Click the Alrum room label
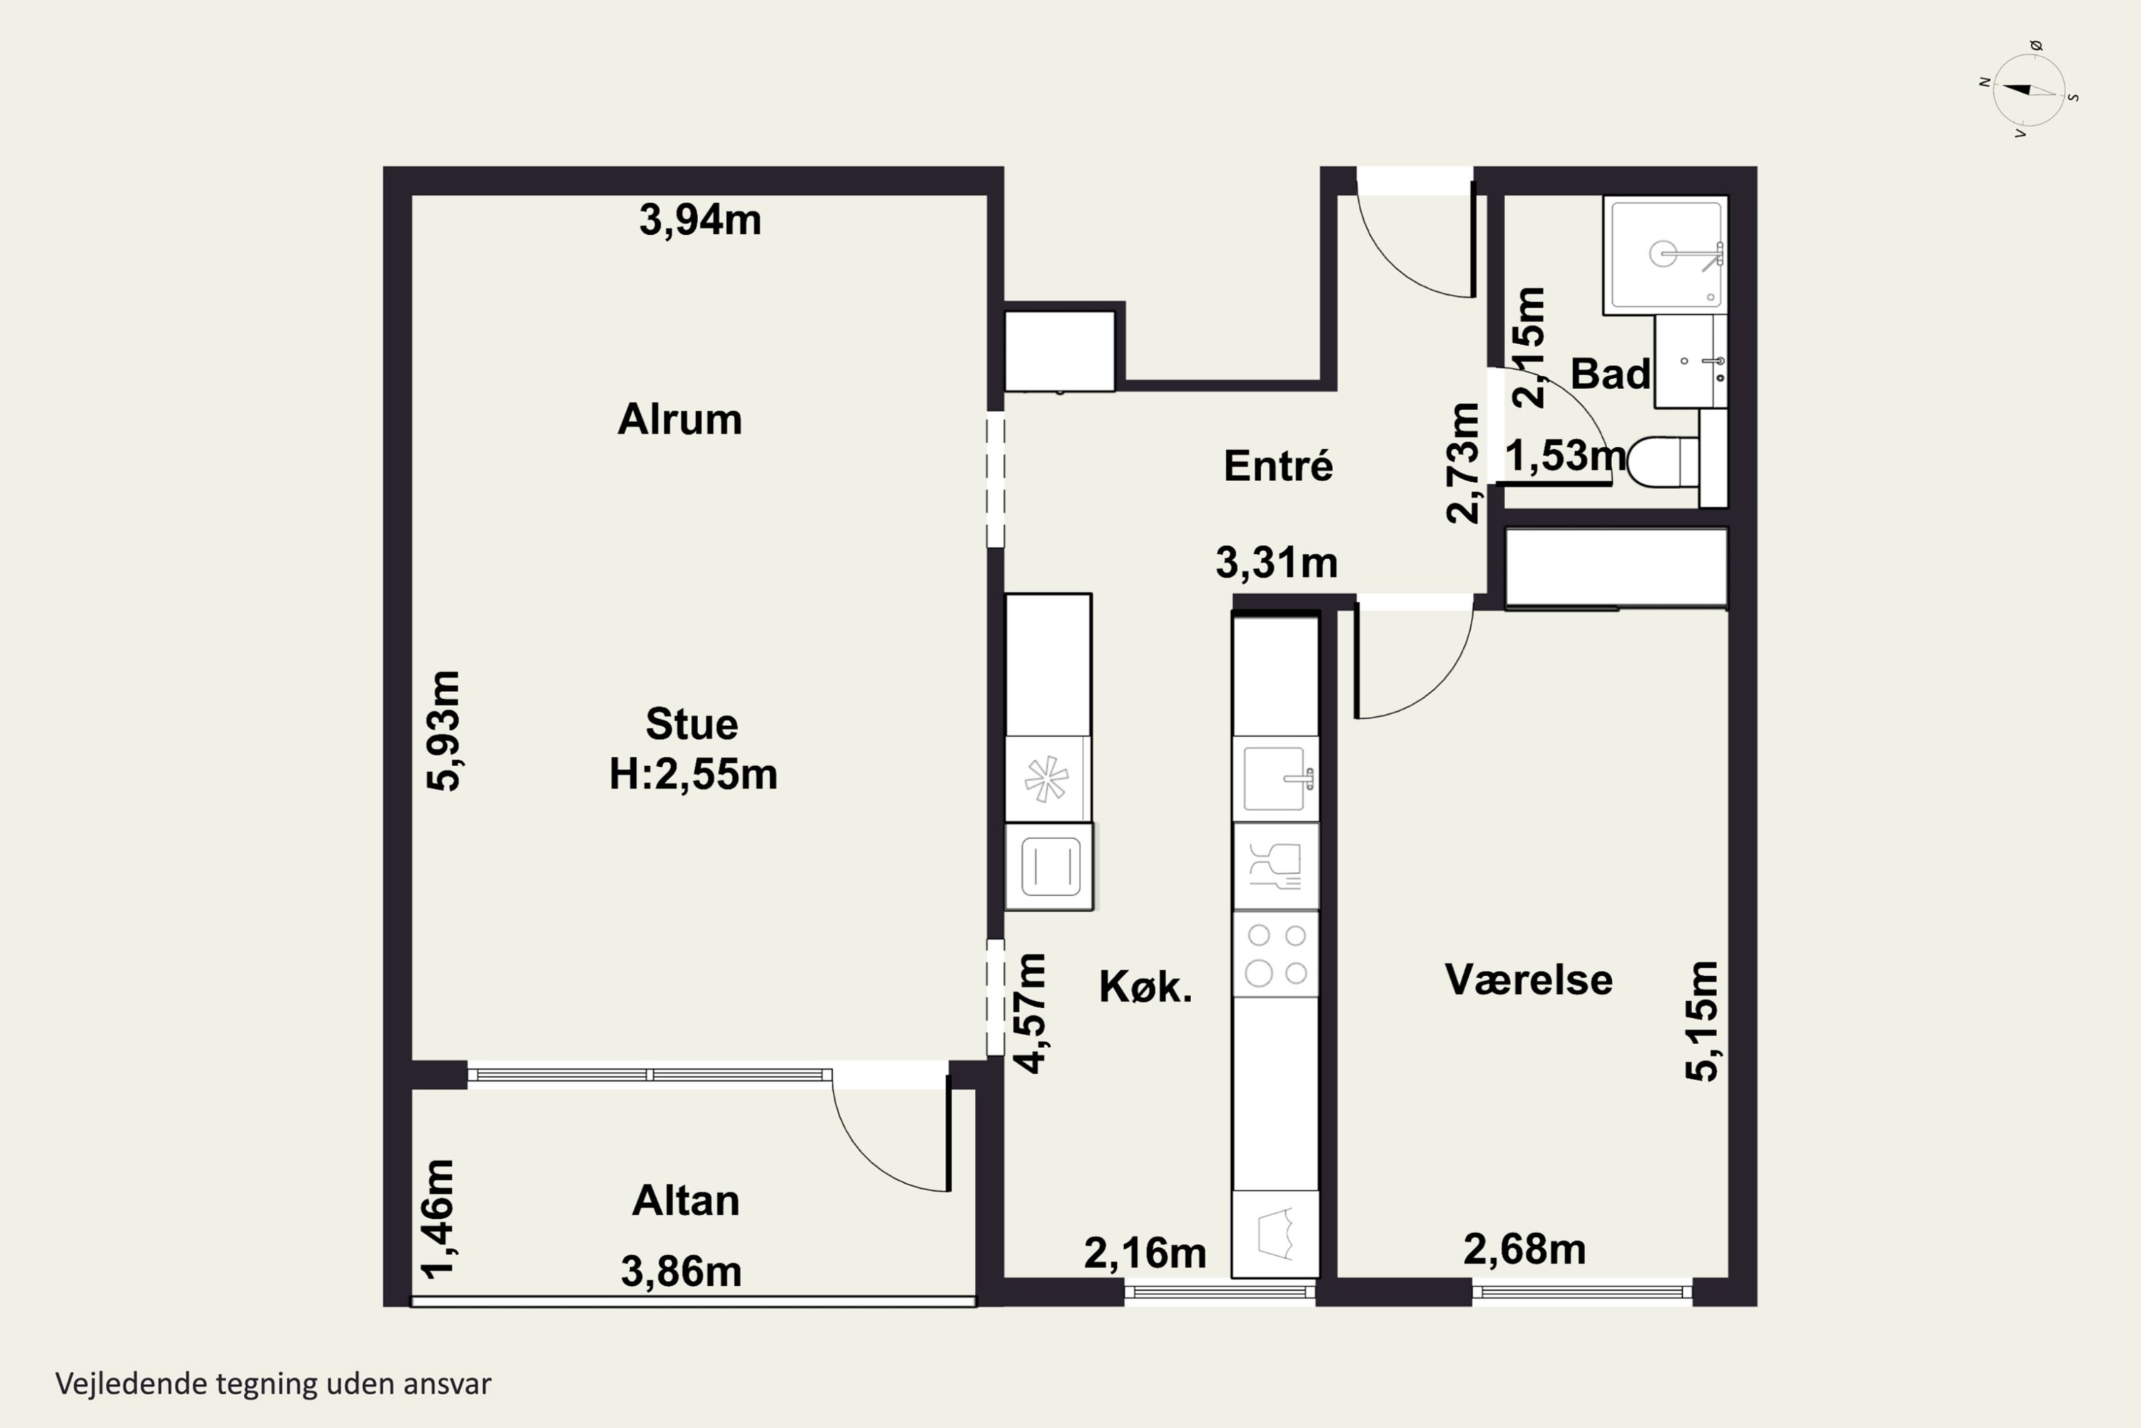click(680, 420)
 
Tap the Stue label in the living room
click(692, 724)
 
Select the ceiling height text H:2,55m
click(693, 774)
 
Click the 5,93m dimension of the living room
click(444, 731)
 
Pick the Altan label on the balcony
click(685, 1200)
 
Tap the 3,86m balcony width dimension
click(681, 1272)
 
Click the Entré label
click(1278, 466)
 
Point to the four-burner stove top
click(1276, 953)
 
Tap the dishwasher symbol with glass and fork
click(1275, 866)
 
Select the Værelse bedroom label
click(1529, 980)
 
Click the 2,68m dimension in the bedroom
click(1524, 1249)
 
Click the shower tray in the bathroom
click(1665, 256)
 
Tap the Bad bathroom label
click(1610, 373)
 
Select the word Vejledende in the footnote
click(132, 1384)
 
